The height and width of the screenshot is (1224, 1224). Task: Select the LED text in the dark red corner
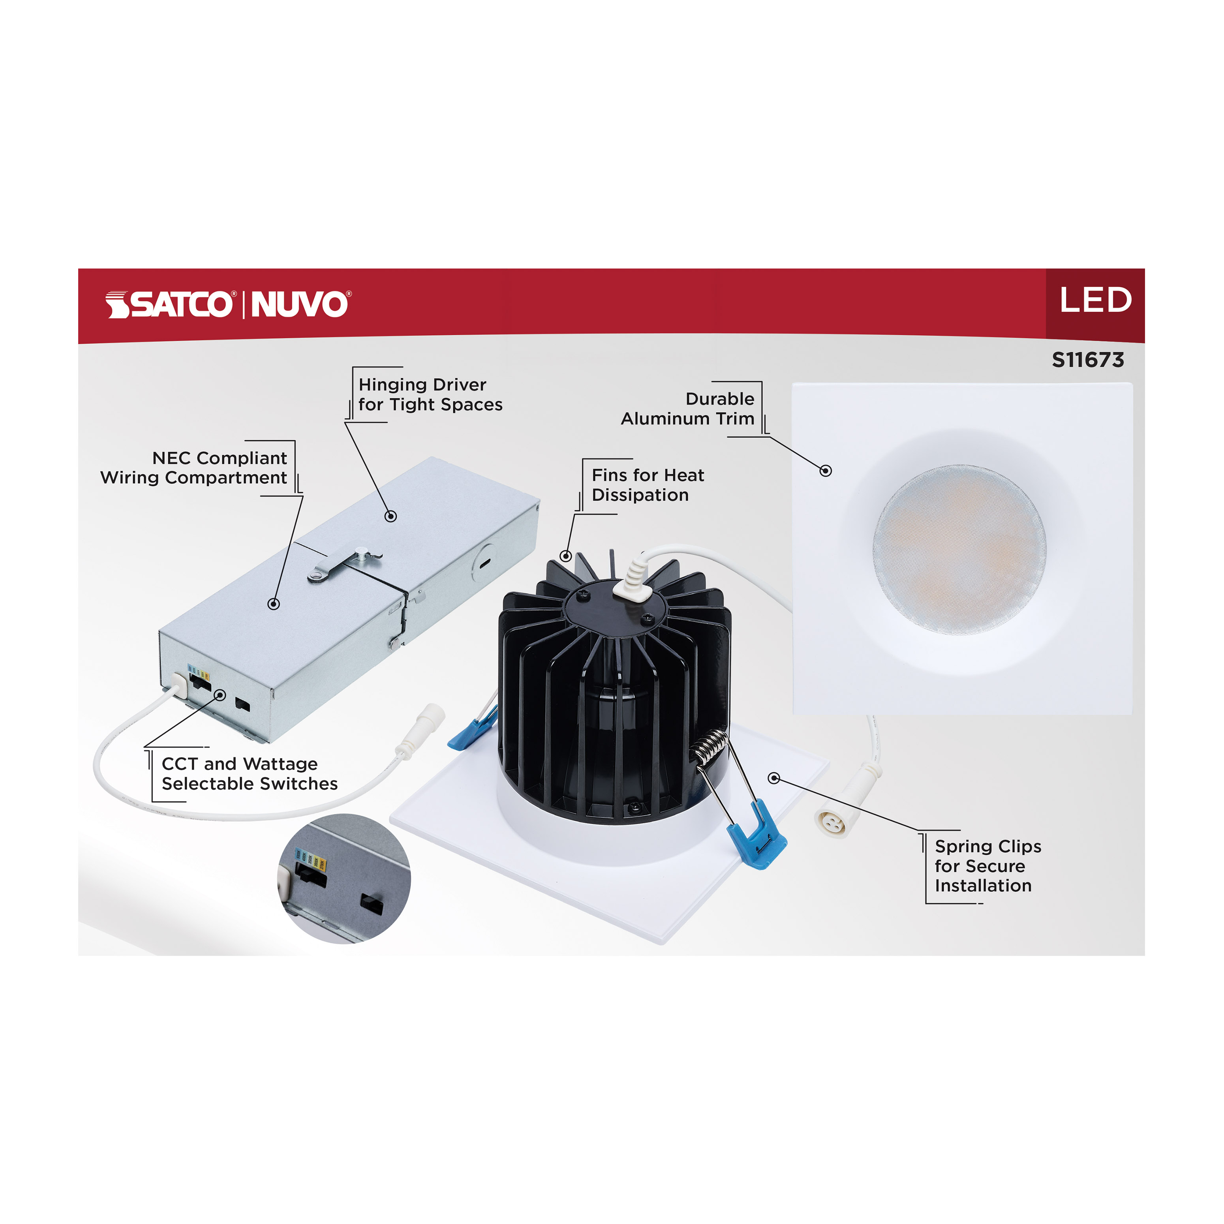point(1095,300)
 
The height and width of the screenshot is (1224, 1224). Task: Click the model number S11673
point(1088,360)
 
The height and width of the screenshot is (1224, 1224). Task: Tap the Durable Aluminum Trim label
point(688,409)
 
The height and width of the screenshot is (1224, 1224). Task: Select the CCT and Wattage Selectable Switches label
point(249,773)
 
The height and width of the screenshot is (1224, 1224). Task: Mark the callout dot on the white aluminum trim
point(826,471)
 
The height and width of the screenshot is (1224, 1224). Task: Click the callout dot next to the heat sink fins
point(566,556)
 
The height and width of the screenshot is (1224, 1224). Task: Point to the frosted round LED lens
point(959,549)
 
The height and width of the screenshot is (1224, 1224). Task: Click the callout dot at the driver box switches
point(220,695)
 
